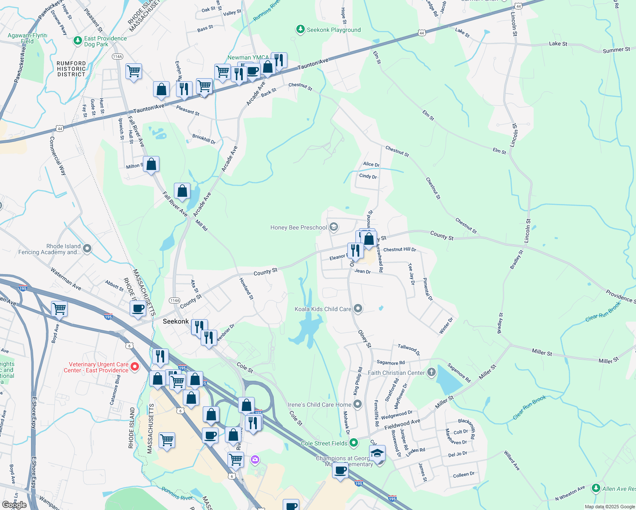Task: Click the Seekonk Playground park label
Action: [x=334, y=30]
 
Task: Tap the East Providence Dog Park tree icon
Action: [x=77, y=41]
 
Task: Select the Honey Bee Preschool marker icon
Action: [x=334, y=227]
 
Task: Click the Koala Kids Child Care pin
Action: [x=358, y=309]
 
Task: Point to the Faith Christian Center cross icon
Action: [x=431, y=373]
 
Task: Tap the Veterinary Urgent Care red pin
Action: [x=135, y=366]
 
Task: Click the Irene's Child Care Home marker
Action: [x=358, y=404]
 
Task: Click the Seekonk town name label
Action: [x=176, y=321]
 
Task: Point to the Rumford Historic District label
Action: [x=71, y=69]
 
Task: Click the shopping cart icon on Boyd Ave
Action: [x=59, y=309]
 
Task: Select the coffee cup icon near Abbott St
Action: [x=138, y=309]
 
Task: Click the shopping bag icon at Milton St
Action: [x=151, y=164]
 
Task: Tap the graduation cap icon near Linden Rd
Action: [x=377, y=453]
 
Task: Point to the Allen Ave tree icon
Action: [x=596, y=488]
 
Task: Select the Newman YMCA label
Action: [x=248, y=57]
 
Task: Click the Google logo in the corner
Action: [x=14, y=505]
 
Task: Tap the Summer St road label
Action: [x=616, y=50]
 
